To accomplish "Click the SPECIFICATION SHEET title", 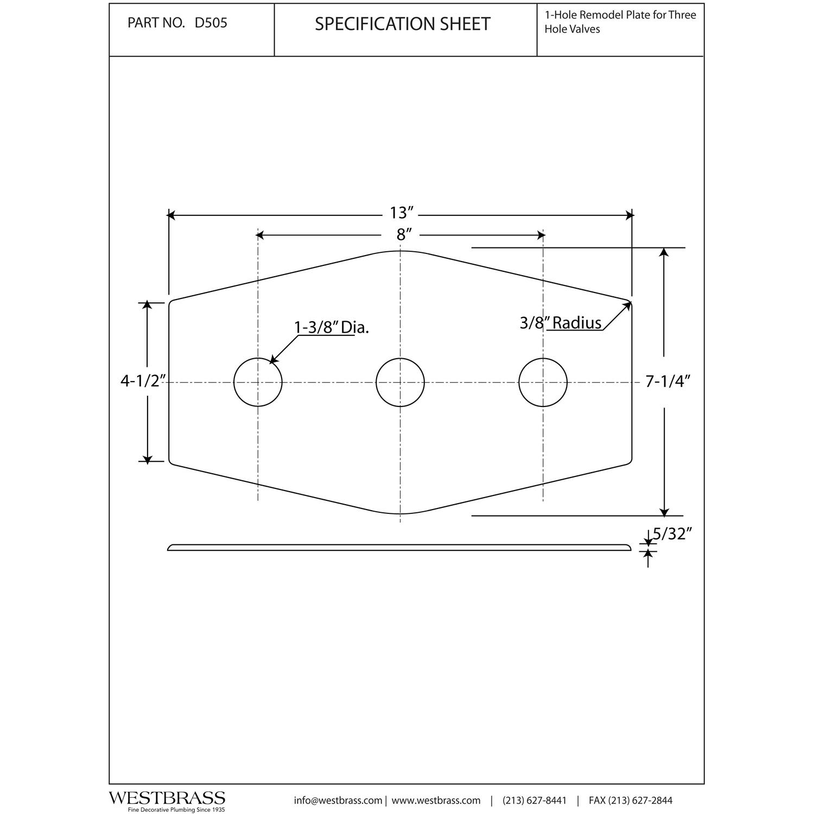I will [403, 24].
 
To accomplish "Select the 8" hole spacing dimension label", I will [402, 234].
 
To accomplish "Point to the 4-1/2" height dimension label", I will [141, 381].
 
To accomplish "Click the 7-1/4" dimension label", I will [667, 381].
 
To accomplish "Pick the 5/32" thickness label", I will [673, 534].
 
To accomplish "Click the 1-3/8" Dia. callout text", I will [331, 327].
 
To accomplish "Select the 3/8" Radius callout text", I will [560, 323].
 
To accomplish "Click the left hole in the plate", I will [258, 382].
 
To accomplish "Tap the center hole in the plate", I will [400, 382].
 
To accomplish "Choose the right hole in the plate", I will [543, 382].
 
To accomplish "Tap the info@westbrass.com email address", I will [338, 800].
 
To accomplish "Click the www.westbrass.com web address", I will [436, 800].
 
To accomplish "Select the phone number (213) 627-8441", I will [535, 800].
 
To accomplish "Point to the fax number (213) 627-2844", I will [631, 800].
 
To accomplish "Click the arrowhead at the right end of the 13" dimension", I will [629, 215].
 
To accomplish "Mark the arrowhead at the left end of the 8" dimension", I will [260, 235].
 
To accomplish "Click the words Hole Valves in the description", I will [572, 29].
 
